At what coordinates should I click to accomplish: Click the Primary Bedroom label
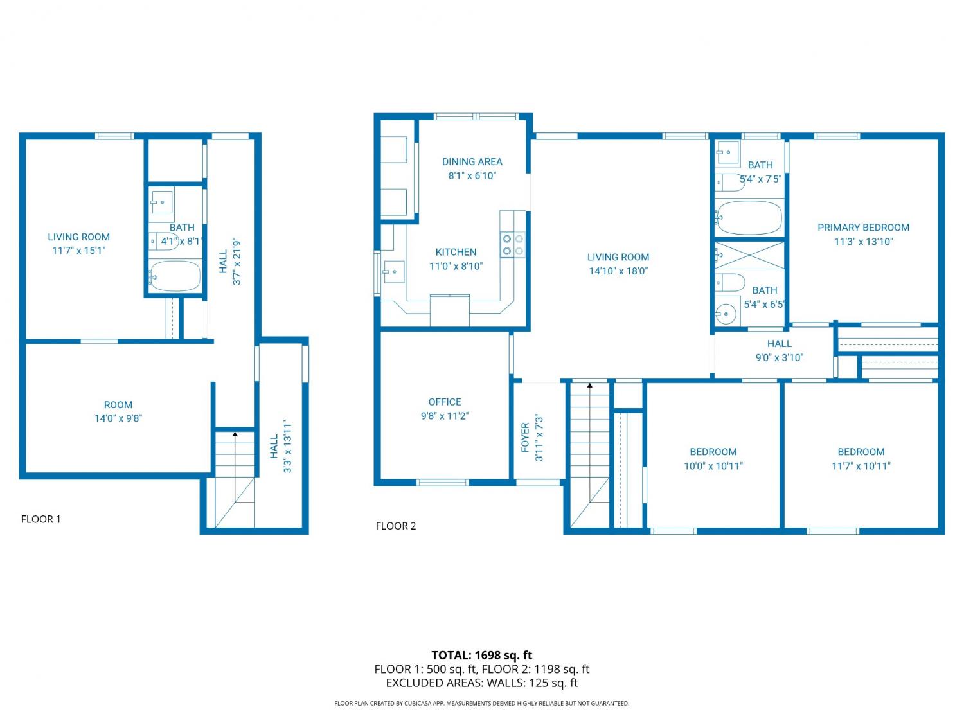pyautogui.click(x=863, y=228)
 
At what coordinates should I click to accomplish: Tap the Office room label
pyautogui.click(x=445, y=402)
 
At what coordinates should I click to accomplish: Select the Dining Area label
pyautogui.click(x=472, y=161)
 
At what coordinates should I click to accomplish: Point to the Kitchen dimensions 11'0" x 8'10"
pyautogui.click(x=456, y=266)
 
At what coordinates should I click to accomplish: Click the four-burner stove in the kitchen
pyautogui.click(x=513, y=245)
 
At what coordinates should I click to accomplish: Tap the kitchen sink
pyautogui.click(x=393, y=272)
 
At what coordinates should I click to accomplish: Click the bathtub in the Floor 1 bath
pyautogui.click(x=174, y=276)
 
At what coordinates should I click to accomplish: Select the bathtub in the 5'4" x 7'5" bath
pyautogui.click(x=748, y=218)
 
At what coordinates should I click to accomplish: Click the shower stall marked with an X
pyautogui.click(x=749, y=255)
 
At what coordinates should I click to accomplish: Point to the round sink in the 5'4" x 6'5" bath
pyautogui.click(x=727, y=314)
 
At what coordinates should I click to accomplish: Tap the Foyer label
pyautogui.click(x=525, y=437)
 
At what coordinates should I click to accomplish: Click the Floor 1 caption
pyautogui.click(x=41, y=519)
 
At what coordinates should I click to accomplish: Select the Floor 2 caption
pyautogui.click(x=396, y=526)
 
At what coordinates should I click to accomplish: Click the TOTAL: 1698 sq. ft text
pyautogui.click(x=482, y=656)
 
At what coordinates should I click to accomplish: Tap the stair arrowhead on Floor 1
pyautogui.click(x=235, y=434)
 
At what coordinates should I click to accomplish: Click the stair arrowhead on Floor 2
pyautogui.click(x=590, y=385)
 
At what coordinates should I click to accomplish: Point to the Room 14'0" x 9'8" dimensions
pyautogui.click(x=118, y=418)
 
